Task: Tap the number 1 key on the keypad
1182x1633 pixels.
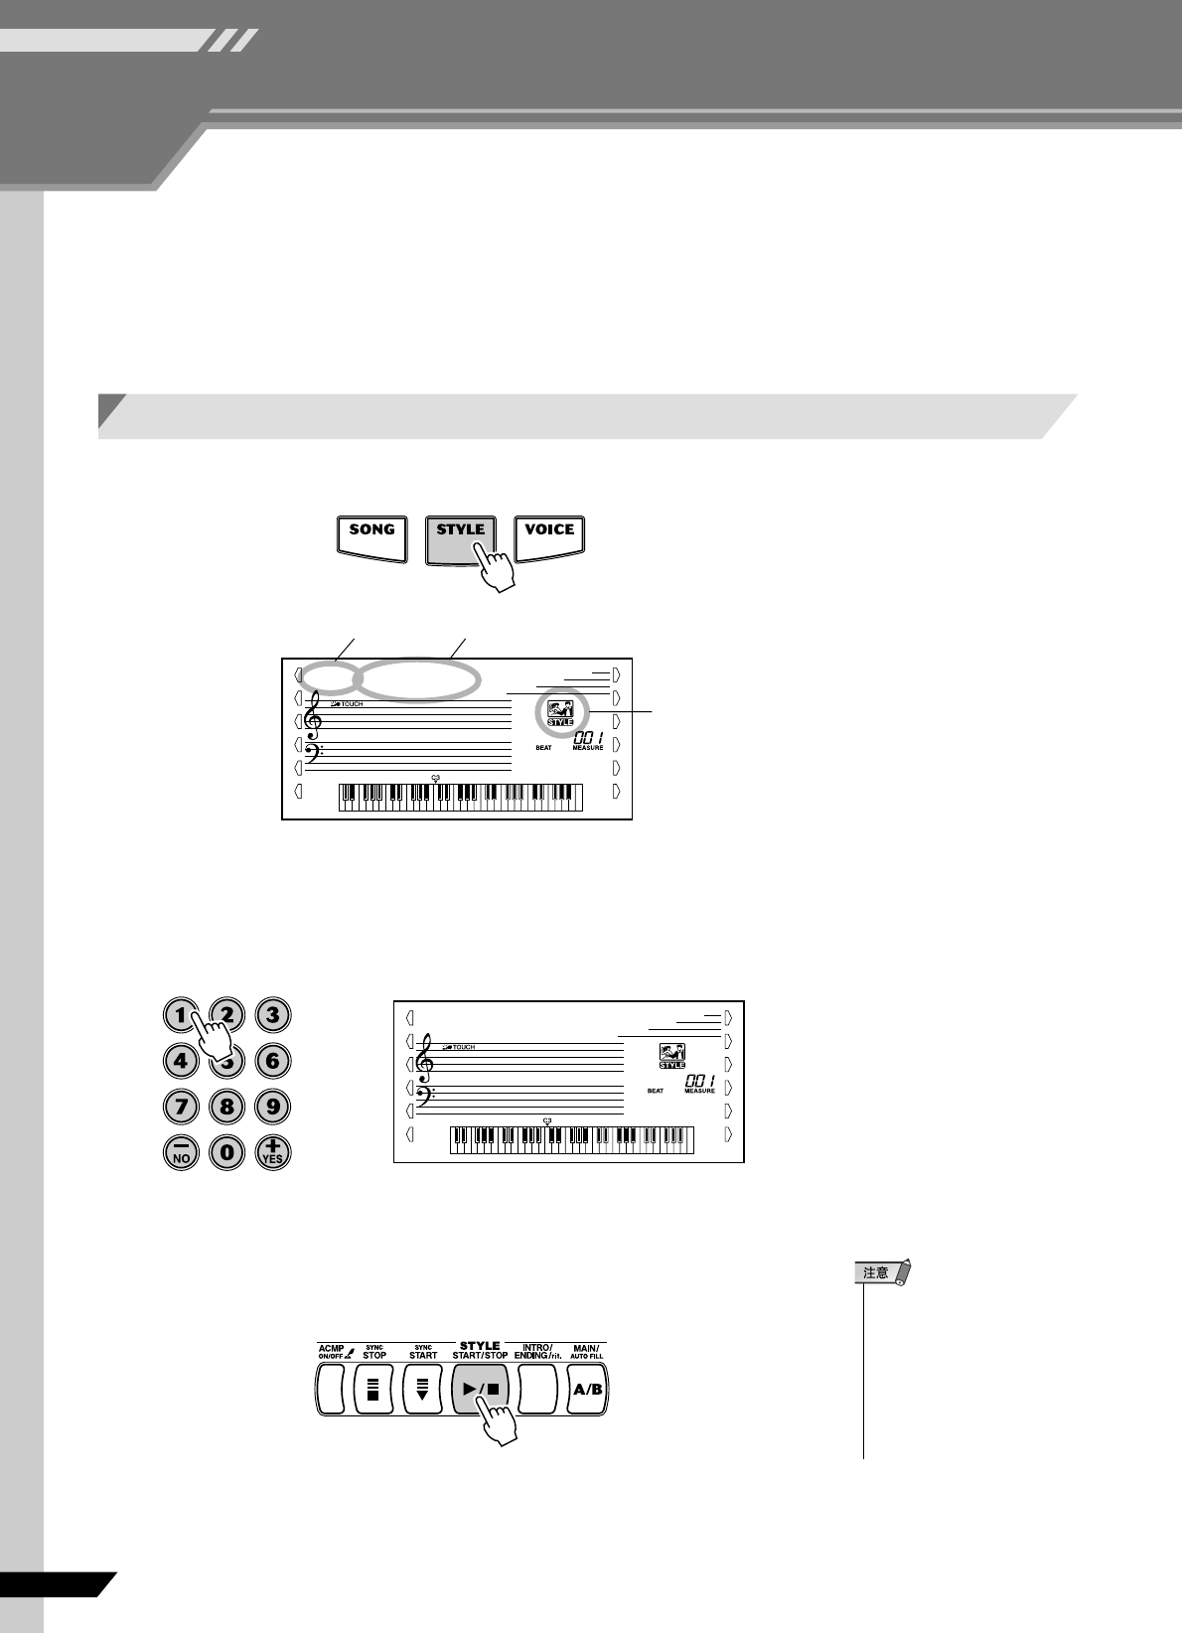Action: click(180, 1015)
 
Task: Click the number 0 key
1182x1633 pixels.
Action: click(226, 1152)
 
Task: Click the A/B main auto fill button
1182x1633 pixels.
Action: click(587, 1389)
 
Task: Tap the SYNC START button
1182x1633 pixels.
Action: click(423, 1389)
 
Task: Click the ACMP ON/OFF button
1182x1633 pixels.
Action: click(331, 1389)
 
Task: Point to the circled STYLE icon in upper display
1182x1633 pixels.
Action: click(561, 715)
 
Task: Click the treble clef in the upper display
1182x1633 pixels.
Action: click(317, 716)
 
